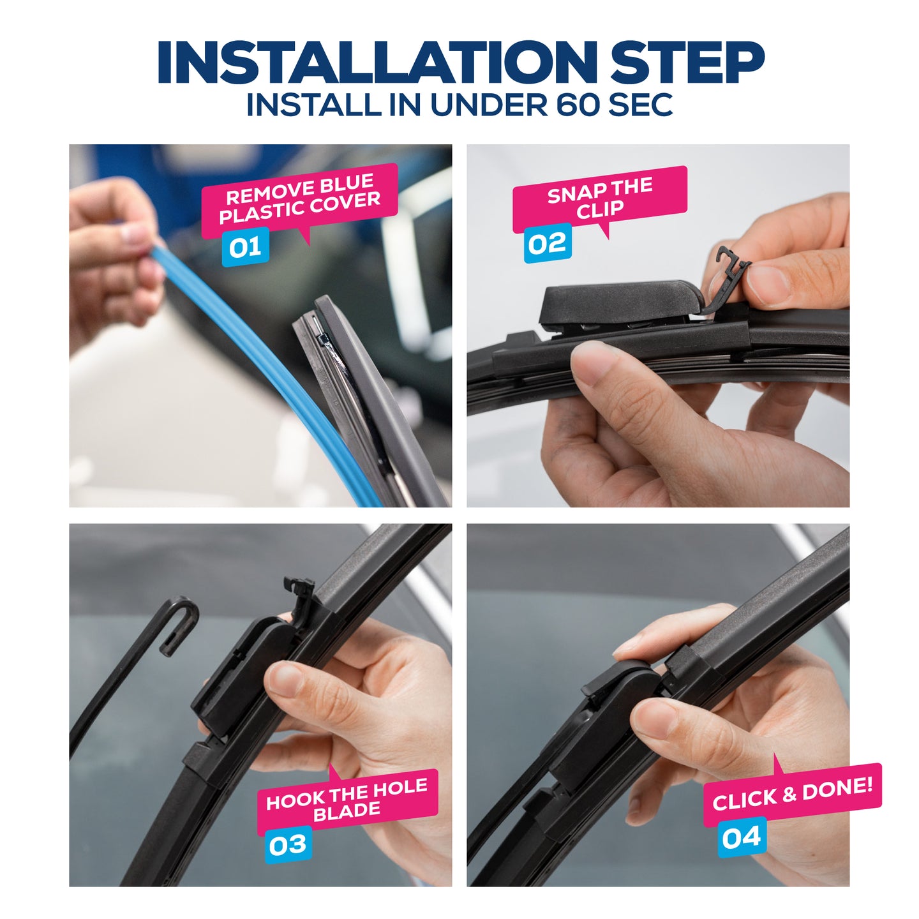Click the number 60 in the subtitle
tap(578, 105)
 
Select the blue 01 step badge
tap(245, 247)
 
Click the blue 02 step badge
tap(547, 243)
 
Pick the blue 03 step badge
tap(287, 845)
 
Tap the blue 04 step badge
tap(741, 837)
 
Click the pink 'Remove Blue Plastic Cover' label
tap(299, 199)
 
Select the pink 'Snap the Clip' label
tap(599, 199)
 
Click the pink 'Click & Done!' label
tap(792, 794)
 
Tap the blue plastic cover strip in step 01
tap(268, 357)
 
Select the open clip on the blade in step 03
tap(300, 594)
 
